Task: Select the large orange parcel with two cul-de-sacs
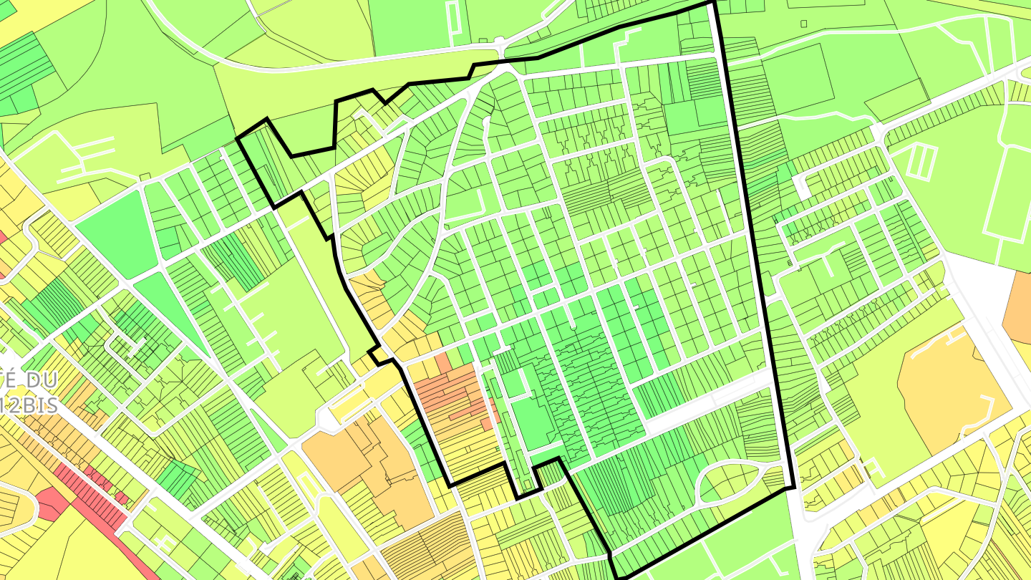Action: point(952,390)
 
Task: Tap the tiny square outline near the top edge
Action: point(803,24)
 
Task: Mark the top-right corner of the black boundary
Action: point(712,3)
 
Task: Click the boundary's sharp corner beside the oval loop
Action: point(793,488)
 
